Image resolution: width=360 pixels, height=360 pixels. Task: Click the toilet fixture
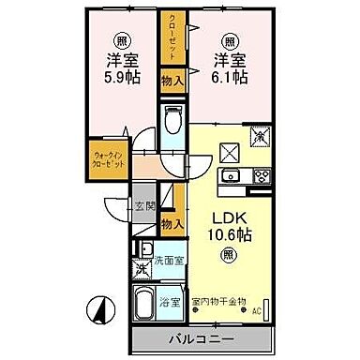172,120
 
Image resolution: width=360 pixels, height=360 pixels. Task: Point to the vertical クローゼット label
172,36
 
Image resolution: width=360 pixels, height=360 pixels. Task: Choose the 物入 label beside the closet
172,83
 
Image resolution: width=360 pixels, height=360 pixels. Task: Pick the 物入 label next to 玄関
172,223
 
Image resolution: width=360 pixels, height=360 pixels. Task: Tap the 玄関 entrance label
142,206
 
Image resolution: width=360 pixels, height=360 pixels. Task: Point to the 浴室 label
169,304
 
